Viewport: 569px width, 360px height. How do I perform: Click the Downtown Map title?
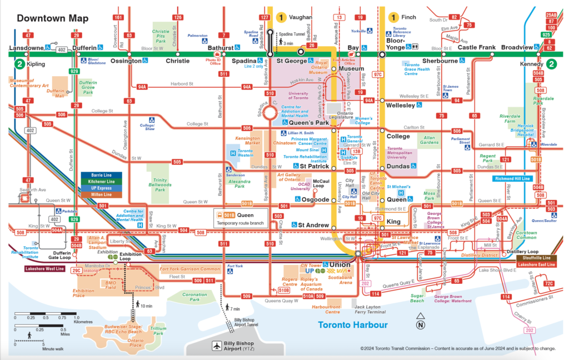pyautogui.click(x=52, y=18)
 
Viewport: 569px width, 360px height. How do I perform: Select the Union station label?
pyautogui.click(x=340, y=264)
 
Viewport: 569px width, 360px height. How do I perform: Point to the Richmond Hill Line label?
pyautogui.click(x=512, y=179)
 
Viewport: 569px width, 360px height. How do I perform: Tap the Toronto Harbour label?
pyautogui.click(x=352, y=325)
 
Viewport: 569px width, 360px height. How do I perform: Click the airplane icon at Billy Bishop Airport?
pyautogui.click(x=216, y=346)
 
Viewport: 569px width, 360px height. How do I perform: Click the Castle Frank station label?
pyautogui.click(x=476, y=48)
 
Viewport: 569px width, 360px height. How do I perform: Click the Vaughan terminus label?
pyautogui.click(x=301, y=17)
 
